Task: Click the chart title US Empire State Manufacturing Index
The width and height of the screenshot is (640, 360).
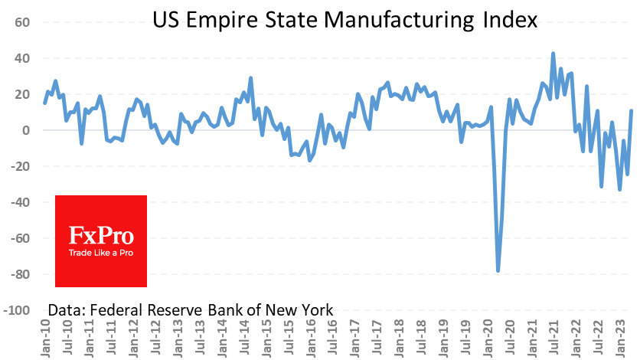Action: pyautogui.click(x=344, y=20)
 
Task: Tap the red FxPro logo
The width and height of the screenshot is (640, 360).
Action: pyautogui.click(x=101, y=241)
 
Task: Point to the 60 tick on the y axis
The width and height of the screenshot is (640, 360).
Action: pyautogui.click(x=21, y=22)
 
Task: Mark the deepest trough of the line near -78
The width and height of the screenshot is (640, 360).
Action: pyautogui.click(x=498, y=270)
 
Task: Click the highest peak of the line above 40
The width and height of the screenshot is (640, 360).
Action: pyautogui.click(x=553, y=54)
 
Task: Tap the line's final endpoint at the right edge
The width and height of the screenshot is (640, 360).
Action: pyautogui.click(x=632, y=111)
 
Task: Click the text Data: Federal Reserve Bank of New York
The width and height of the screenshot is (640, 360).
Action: pyautogui.click(x=191, y=310)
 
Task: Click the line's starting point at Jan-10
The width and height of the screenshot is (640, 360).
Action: pyautogui.click(x=44, y=103)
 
